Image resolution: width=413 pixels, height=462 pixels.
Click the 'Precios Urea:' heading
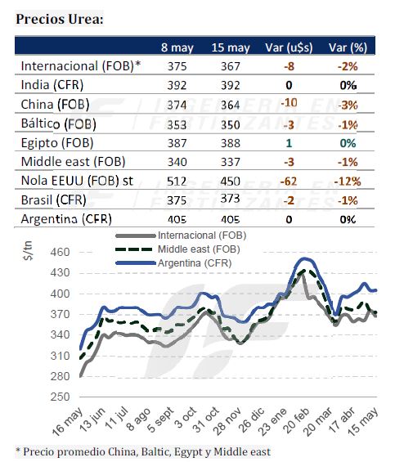[60, 19]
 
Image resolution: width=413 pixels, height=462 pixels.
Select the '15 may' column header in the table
[231, 47]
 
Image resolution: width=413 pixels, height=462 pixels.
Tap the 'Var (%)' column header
[348, 47]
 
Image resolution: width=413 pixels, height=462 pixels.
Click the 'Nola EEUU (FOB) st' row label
[77, 181]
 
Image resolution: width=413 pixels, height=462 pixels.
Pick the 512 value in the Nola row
[177, 182]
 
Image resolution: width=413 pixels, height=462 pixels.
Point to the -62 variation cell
[289, 182]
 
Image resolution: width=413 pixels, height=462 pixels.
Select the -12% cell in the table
[348, 182]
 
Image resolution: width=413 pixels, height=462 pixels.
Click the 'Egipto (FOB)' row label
[57, 143]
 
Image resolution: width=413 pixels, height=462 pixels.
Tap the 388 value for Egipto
[231, 143]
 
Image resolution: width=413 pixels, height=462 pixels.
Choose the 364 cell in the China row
[231, 105]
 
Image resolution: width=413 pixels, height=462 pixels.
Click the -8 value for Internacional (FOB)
[290, 66]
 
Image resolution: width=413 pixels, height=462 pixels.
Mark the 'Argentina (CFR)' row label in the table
[66, 219]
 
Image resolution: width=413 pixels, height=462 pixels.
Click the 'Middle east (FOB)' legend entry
[199, 249]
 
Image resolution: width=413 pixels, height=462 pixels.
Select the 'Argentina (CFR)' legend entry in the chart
[195, 262]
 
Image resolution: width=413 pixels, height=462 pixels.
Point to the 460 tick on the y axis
[60, 252]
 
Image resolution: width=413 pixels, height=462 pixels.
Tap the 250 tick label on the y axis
[60, 397]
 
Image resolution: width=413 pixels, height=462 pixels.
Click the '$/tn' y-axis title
[28, 251]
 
